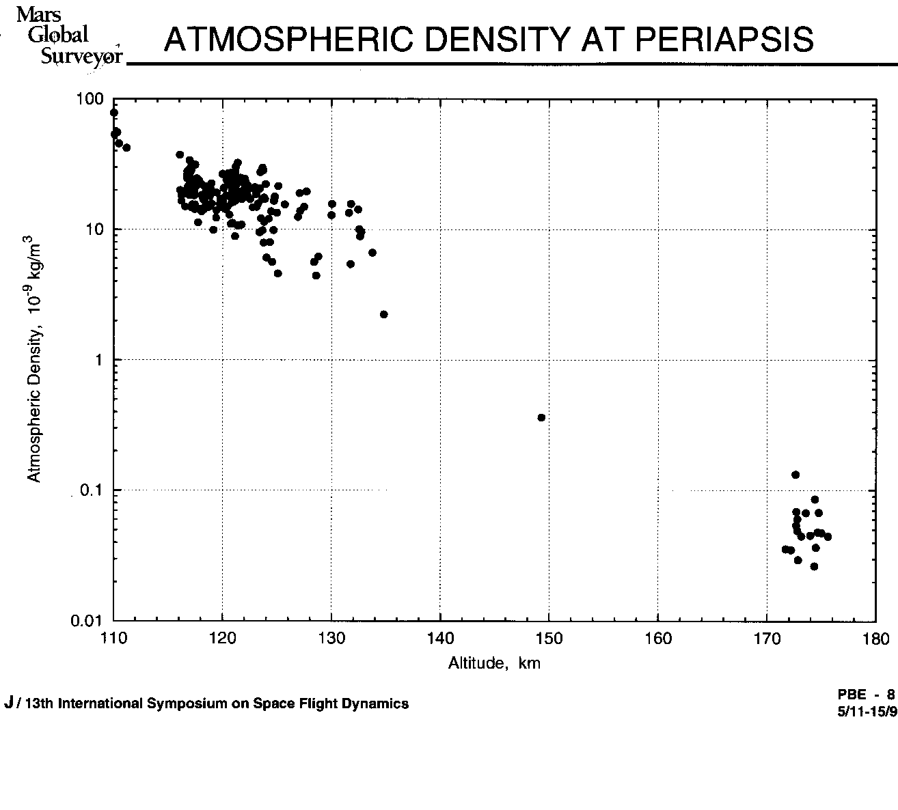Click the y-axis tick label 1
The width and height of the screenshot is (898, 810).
pos(98,360)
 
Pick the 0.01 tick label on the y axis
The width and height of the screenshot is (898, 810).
pos(88,621)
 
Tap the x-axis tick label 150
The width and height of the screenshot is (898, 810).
pos(549,639)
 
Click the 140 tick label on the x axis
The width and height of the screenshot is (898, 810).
pos(440,639)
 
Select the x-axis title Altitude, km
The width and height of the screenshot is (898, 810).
pos(494,663)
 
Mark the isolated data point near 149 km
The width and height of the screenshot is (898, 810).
pos(541,417)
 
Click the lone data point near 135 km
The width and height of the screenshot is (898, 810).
pos(383,314)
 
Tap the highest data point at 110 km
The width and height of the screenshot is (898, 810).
pos(113,113)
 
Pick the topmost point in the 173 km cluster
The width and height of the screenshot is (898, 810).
pos(795,475)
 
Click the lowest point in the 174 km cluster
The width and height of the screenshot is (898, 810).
pos(814,566)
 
